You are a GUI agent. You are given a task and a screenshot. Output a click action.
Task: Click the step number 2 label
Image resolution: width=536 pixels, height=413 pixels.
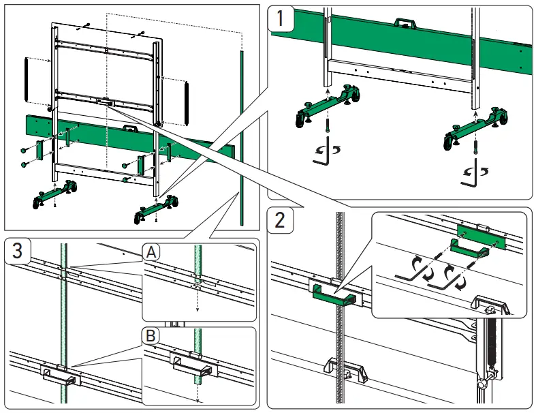click(281, 220)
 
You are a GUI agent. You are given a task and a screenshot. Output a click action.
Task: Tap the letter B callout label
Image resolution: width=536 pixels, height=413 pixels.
click(151, 335)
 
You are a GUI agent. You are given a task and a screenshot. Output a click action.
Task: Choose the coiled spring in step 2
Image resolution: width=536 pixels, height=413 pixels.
click(487, 348)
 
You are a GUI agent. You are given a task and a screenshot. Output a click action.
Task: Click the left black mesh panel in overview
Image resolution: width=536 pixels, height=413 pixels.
click(28, 80)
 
